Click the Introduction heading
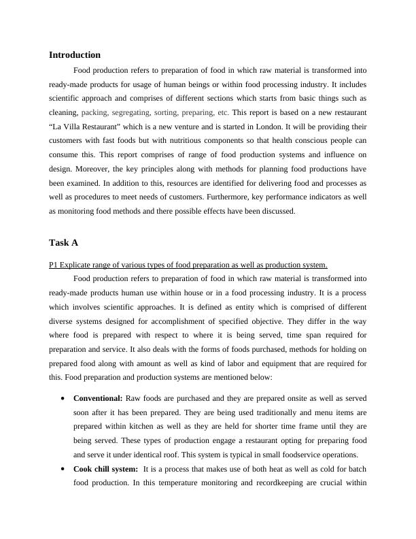75,54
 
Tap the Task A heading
63,242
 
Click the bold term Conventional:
98,397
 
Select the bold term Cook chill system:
105,468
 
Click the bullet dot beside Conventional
63,398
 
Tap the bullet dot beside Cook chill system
63,469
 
